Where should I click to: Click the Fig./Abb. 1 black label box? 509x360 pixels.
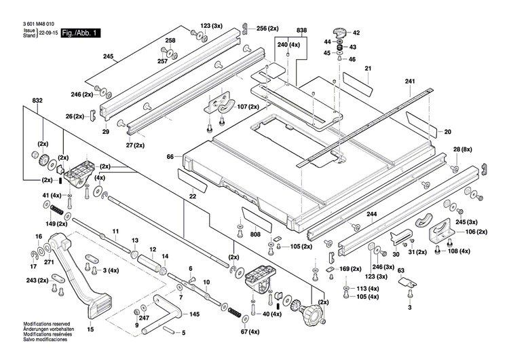click(x=81, y=33)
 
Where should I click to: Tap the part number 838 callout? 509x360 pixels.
click(x=301, y=31)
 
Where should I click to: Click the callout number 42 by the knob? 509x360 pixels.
click(x=356, y=33)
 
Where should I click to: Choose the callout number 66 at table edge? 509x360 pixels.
click(x=171, y=157)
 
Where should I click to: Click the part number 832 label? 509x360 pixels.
click(x=37, y=101)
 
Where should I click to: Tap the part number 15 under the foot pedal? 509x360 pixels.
click(x=90, y=329)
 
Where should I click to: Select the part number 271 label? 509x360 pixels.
click(x=49, y=262)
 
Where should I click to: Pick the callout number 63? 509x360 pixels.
click(x=400, y=271)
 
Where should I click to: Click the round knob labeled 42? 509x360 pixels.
click(x=339, y=33)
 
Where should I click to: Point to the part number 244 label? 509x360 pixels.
click(x=371, y=215)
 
